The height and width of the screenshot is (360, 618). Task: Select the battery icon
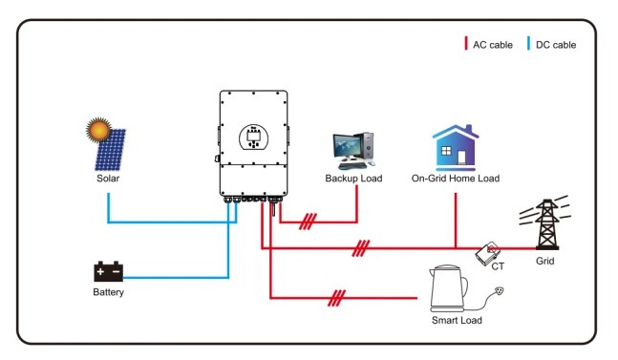[x=107, y=271]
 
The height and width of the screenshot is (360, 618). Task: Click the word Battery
[x=108, y=292]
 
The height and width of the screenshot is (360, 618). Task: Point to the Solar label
[x=108, y=178]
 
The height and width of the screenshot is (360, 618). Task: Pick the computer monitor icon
[x=349, y=148]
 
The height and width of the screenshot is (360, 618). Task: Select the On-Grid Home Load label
[x=456, y=179]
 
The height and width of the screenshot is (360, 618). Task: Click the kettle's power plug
[x=496, y=291]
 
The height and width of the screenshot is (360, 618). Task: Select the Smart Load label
[x=456, y=321]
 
